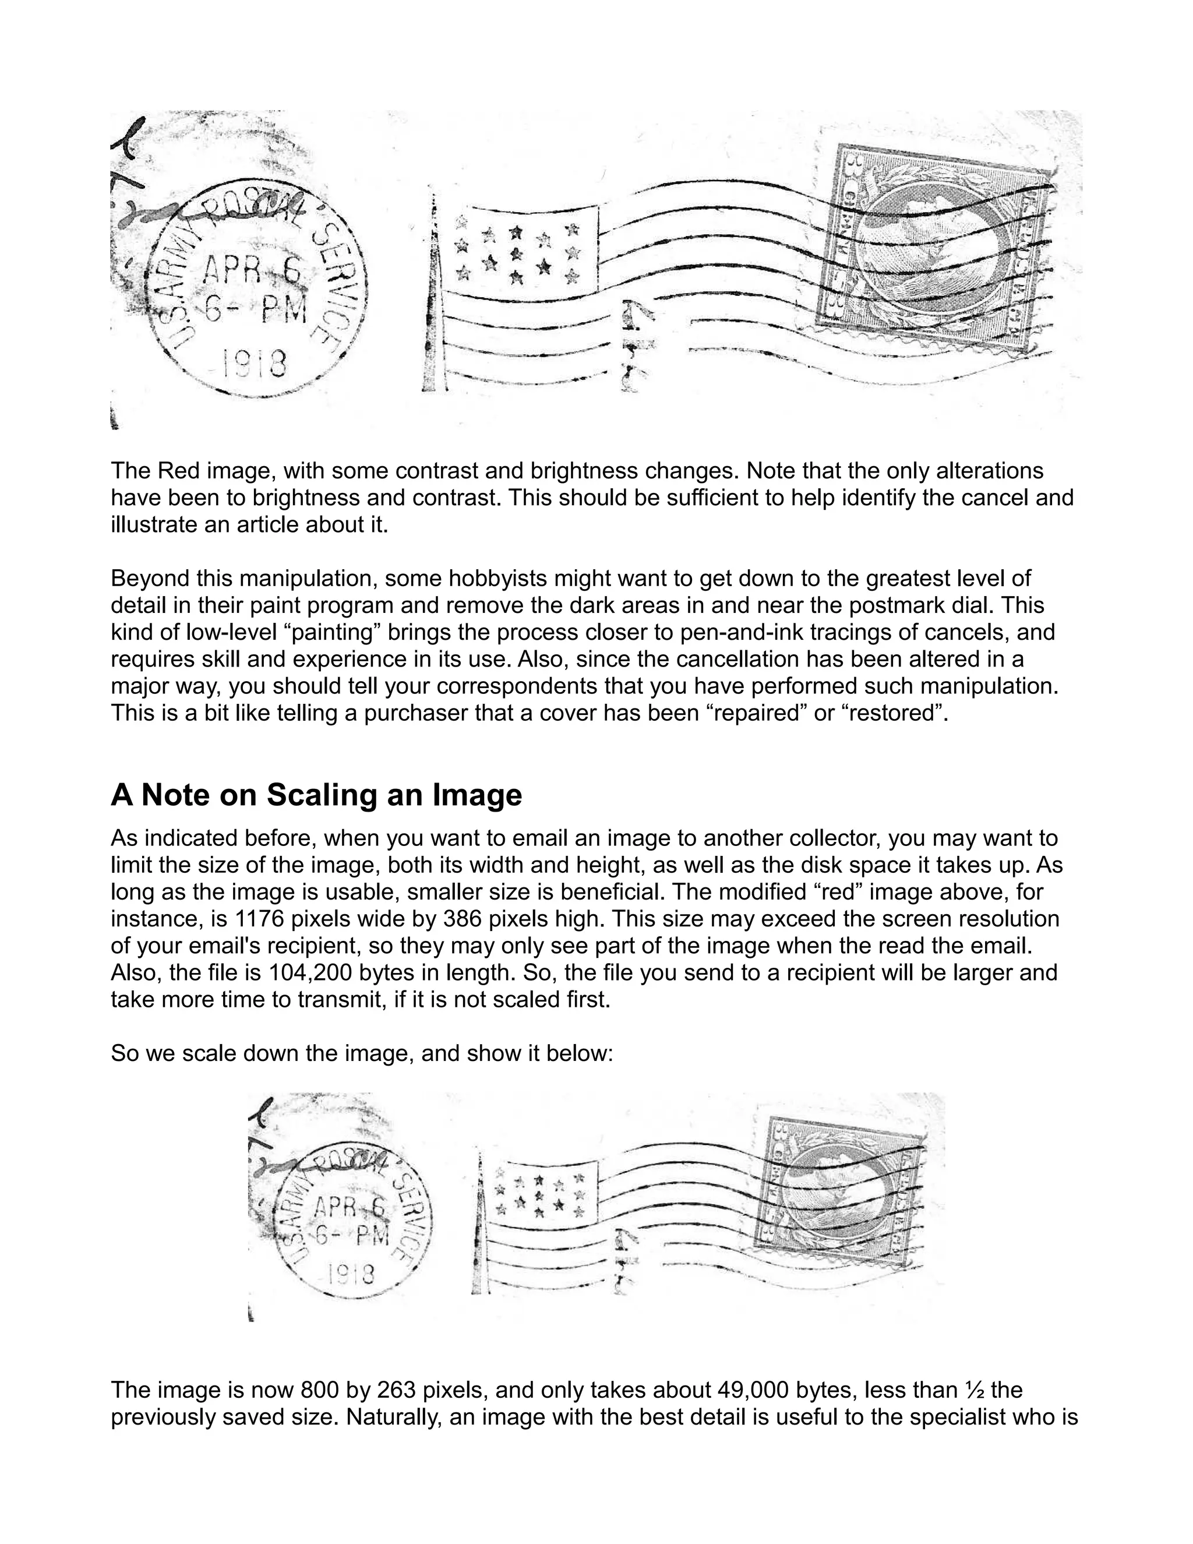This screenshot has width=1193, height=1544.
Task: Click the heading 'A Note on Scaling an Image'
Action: [x=316, y=795]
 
